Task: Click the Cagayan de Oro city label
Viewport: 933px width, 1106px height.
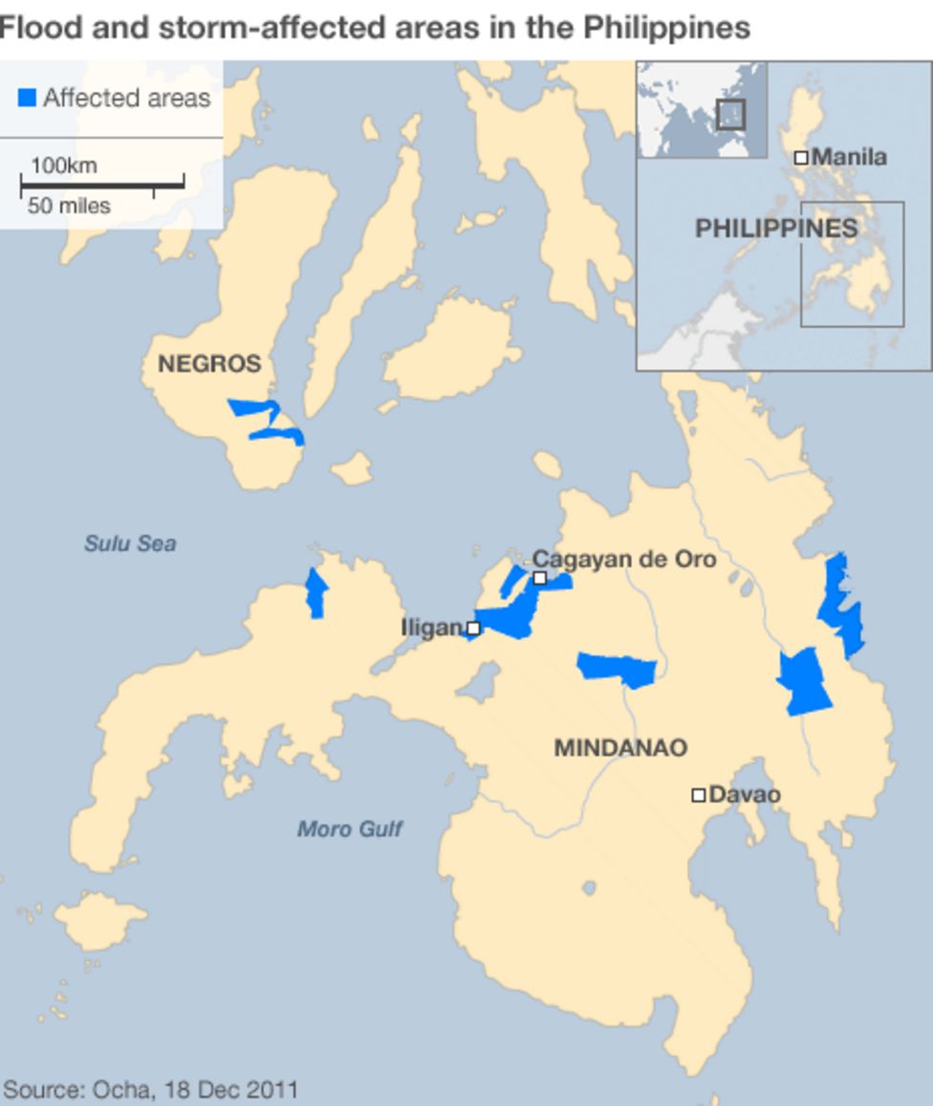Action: tap(624, 559)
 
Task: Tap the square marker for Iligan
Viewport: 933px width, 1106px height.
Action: tap(473, 629)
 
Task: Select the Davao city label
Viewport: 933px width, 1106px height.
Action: tap(745, 795)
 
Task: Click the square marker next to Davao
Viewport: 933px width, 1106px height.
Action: tap(699, 795)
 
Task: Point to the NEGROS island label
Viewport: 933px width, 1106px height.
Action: tap(209, 364)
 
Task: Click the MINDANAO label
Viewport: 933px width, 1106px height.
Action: tap(620, 748)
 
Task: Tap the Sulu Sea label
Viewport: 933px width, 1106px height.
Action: tap(130, 543)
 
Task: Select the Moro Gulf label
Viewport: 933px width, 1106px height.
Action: tap(349, 829)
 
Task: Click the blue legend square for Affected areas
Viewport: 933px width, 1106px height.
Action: tap(27, 97)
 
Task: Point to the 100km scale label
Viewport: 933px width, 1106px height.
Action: tap(63, 166)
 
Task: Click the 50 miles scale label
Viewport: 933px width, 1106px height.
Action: tap(69, 206)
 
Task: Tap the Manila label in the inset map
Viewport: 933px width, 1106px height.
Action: tap(849, 157)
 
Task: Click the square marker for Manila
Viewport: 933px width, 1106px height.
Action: tap(801, 157)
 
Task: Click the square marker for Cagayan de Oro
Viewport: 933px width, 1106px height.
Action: tap(540, 578)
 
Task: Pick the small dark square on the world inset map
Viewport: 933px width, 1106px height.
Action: tap(730, 114)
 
